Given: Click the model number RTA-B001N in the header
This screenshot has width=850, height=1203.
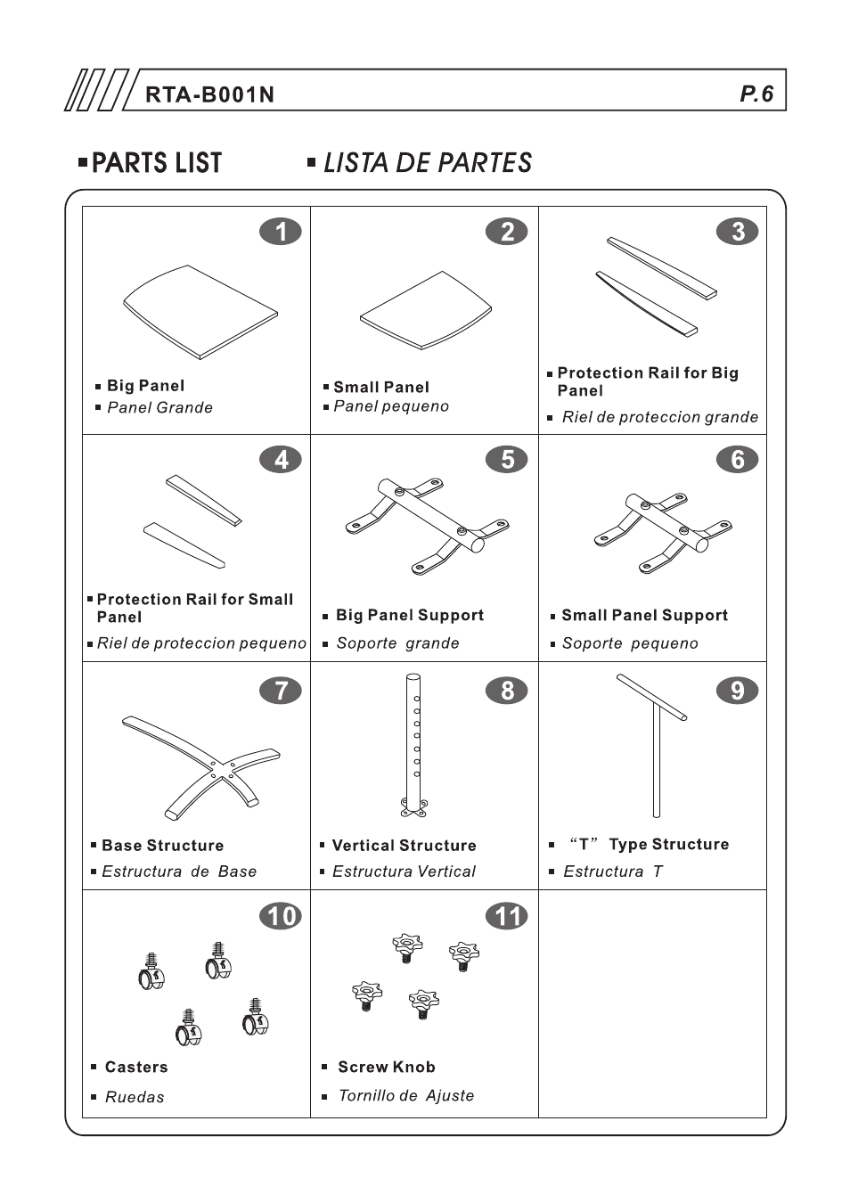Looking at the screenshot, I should [x=210, y=94].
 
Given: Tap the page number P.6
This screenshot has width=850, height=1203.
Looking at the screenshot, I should [x=756, y=94].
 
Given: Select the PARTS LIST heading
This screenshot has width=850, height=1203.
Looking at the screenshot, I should [x=157, y=163].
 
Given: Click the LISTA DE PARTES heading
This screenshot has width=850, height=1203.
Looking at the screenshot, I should [x=427, y=163].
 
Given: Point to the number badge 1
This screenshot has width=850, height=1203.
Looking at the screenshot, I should [x=281, y=232].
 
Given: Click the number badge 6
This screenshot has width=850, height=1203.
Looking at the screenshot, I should [x=738, y=460].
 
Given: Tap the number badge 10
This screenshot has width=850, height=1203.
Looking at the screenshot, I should [x=281, y=916].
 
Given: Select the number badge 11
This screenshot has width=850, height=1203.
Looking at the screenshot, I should [x=507, y=916].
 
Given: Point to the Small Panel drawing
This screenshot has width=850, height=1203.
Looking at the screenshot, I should [x=425, y=311].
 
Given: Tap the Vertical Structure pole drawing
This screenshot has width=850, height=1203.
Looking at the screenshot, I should [x=414, y=745].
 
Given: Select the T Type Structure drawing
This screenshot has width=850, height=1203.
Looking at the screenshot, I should [x=655, y=740].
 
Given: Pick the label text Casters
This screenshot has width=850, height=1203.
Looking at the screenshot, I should [x=135, y=1067].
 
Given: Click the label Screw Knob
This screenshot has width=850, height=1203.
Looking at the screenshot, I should [x=386, y=1067].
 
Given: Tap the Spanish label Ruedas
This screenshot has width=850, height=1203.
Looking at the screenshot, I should [x=135, y=1097].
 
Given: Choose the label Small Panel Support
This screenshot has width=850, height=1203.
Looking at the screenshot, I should [x=644, y=616].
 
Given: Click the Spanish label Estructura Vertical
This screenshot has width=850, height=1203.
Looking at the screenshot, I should [x=404, y=872].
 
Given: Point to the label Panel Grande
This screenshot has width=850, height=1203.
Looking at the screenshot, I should [x=159, y=408].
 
